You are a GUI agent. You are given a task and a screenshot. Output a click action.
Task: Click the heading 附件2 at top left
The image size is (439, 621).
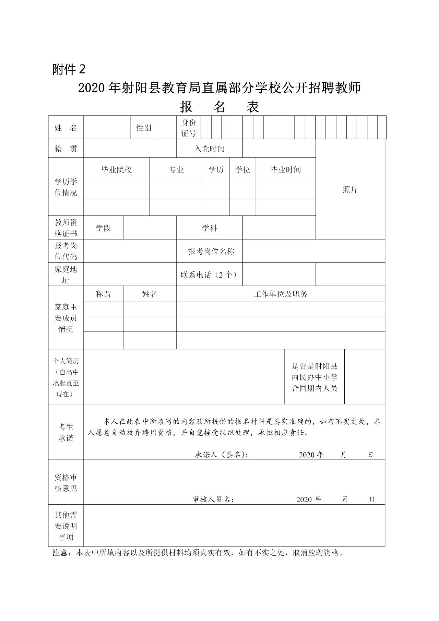click(69, 70)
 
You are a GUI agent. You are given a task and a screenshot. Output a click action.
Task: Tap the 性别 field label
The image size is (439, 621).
click(144, 128)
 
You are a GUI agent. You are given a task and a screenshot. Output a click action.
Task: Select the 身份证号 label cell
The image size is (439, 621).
click(188, 128)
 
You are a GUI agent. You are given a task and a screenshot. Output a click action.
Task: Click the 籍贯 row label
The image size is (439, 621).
click(66, 149)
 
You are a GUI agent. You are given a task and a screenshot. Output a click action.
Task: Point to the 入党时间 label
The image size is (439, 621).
click(209, 149)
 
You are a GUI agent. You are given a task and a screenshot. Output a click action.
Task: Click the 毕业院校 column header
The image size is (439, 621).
click(116, 169)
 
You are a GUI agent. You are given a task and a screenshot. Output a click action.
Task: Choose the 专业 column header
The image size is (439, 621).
click(176, 169)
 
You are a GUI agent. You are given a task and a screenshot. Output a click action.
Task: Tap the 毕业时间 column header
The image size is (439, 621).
click(285, 169)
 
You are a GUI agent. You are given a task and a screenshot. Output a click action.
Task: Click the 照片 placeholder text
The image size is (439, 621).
click(350, 190)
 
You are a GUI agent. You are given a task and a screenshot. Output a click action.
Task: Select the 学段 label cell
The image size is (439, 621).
click(103, 228)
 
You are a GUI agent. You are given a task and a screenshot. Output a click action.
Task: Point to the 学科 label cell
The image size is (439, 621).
click(209, 228)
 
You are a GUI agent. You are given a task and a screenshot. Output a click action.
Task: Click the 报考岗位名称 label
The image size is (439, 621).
click(211, 251)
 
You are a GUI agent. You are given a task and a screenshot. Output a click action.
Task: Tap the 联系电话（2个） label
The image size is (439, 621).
click(209, 274)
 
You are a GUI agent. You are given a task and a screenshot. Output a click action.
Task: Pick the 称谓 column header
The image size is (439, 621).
click(103, 294)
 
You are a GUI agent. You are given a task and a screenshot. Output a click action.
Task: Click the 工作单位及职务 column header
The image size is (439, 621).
click(281, 294)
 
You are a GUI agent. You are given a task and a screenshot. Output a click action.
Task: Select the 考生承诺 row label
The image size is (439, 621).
click(66, 432)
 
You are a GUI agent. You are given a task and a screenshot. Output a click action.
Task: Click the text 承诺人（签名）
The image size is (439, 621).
click(221, 455)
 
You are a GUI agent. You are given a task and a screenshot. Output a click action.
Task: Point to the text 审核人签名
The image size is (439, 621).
click(213, 499)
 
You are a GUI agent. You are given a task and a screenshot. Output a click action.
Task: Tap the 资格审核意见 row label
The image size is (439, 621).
click(66, 482)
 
